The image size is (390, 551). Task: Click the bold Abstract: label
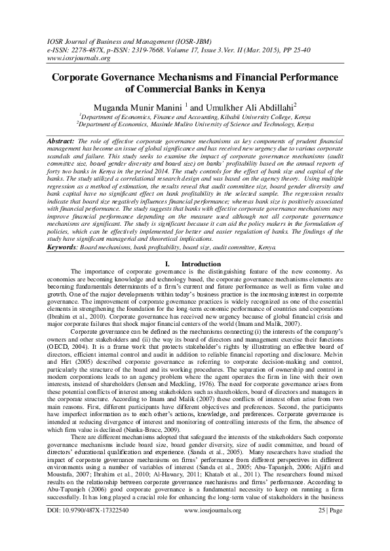(62, 141)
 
